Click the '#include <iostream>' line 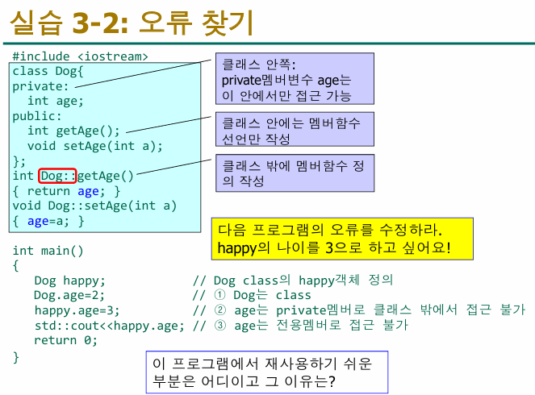point(80,57)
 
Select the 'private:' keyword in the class point(40,86)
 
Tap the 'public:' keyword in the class point(37,116)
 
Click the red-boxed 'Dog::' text point(58,175)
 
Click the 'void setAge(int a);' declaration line point(94,146)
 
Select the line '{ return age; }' point(66,191)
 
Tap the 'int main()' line point(48,251)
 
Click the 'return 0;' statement point(65,339)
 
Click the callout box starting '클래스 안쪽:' point(295,79)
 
